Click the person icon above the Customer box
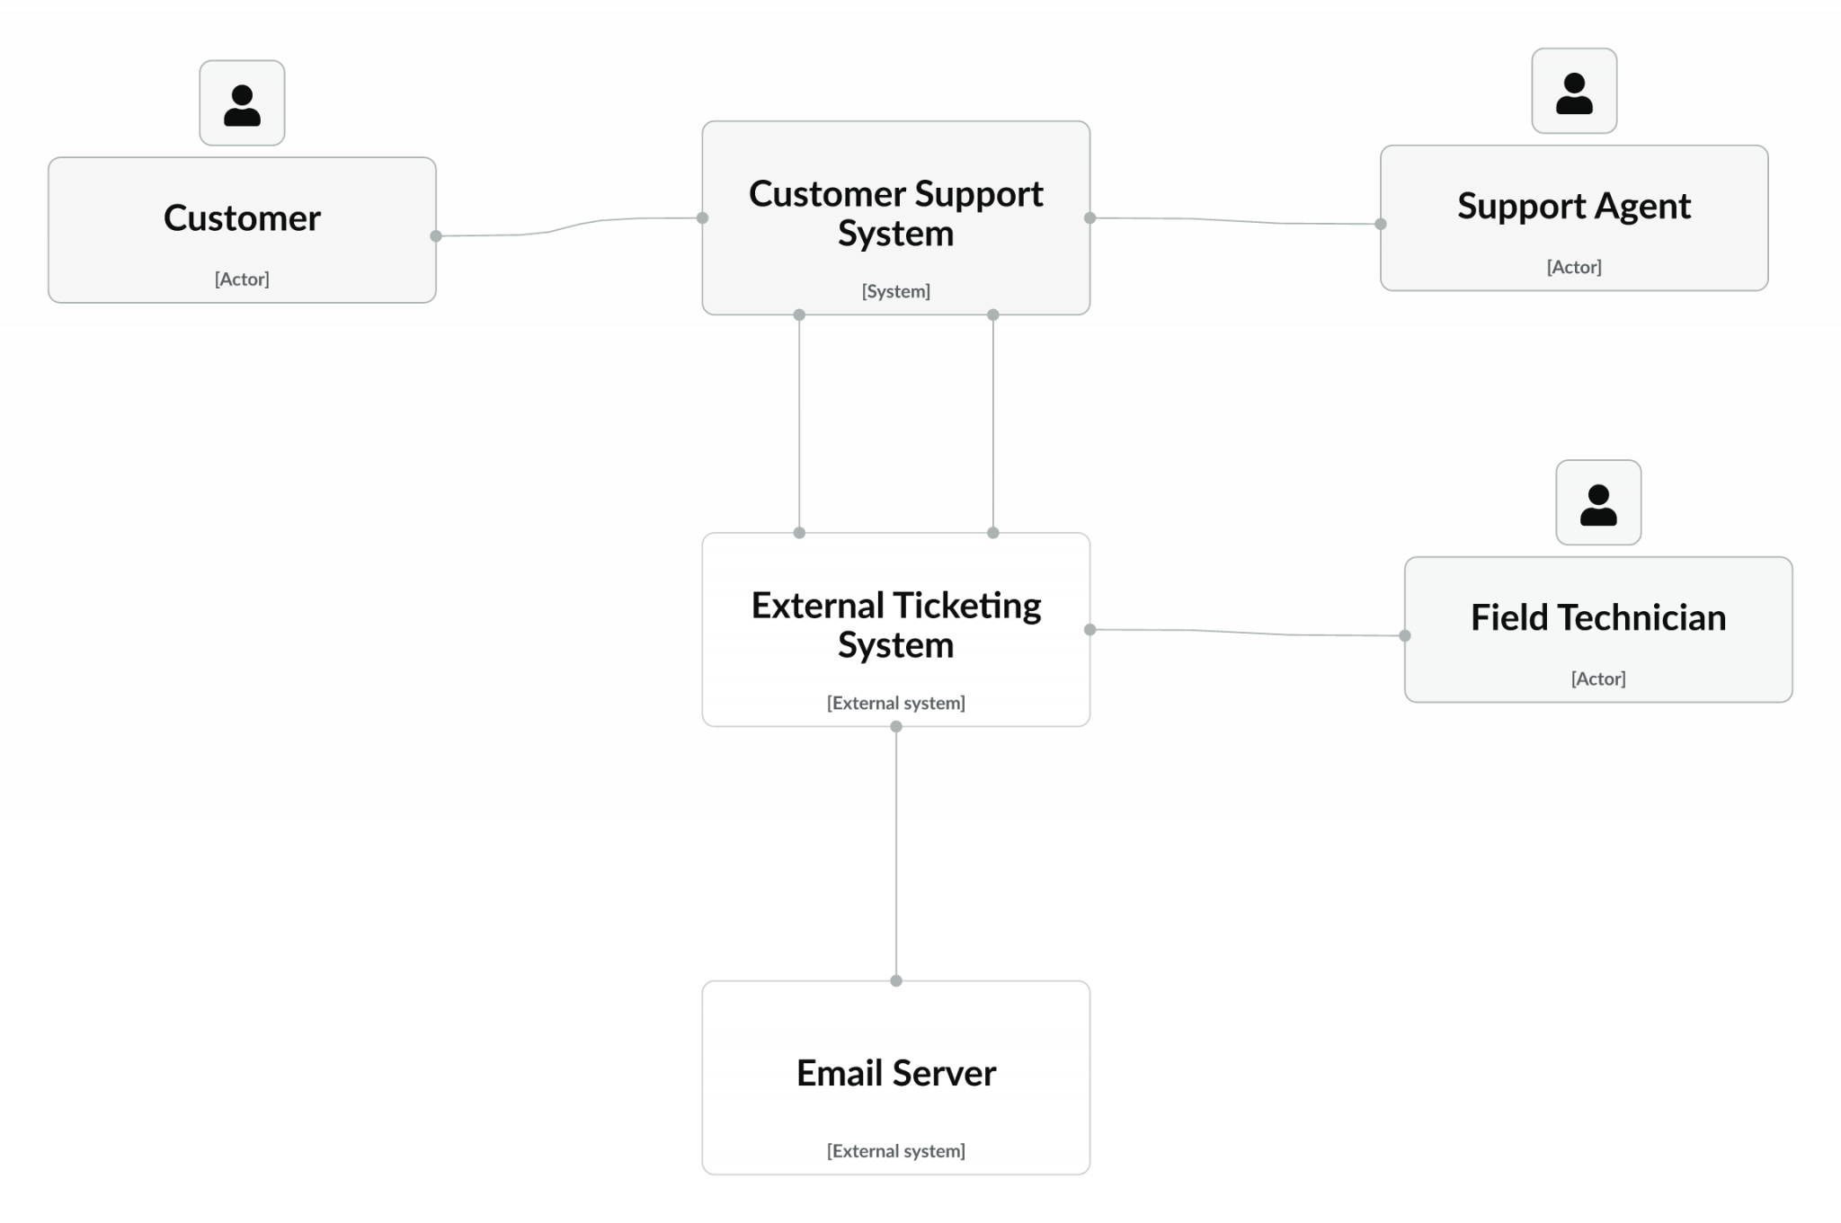(x=242, y=103)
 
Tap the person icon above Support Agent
(x=1574, y=92)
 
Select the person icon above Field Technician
(x=1597, y=503)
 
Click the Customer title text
(x=242, y=218)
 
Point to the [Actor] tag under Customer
(x=242, y=279)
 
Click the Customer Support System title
(x=895, y=213)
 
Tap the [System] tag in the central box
(x=895, y=291)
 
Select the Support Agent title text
(x=1573, y=206)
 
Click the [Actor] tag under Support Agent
(x=1573, y=267)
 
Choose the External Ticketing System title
(x=895, y=625)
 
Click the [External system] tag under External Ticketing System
(x=895, y=703)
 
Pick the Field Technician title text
(x=1597, y=618)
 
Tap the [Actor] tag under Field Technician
(x=1597, y=678)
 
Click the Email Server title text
(x=895, y=1073)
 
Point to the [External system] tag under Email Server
(x=895, y=1151)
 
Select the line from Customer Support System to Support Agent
(x=1236, y=221)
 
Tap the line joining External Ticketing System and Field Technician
(x=1250, y=633)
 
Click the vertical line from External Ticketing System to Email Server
(x=895, y=854)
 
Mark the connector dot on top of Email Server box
(x=895, y=980)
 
